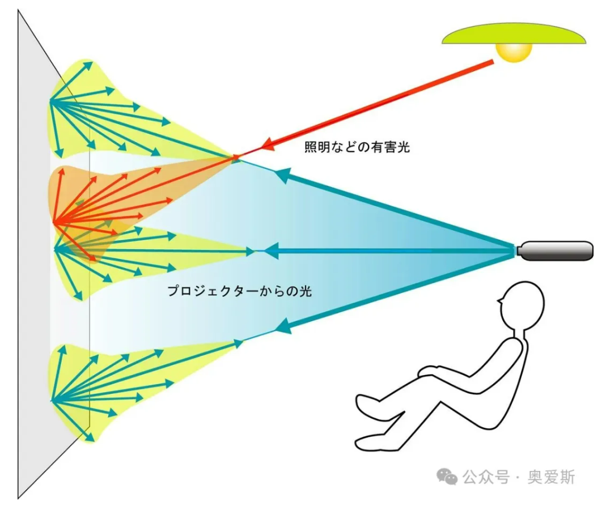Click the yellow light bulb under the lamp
click(514, 52)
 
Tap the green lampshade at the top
click(514, 33)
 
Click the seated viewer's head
click(522, 305)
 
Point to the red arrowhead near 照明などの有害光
click(269, 145)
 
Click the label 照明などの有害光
click(357, 147)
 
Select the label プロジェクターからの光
click(240, 291)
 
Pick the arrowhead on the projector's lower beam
click(283, 326)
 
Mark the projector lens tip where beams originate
click(518, 251)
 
